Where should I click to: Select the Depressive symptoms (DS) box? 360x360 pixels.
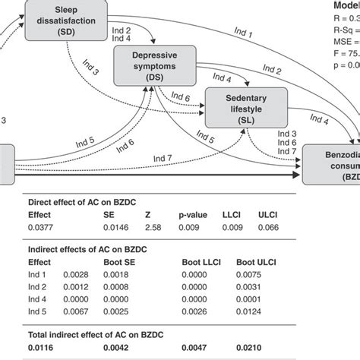point(150,66)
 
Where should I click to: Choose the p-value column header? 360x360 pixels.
point(193,214)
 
